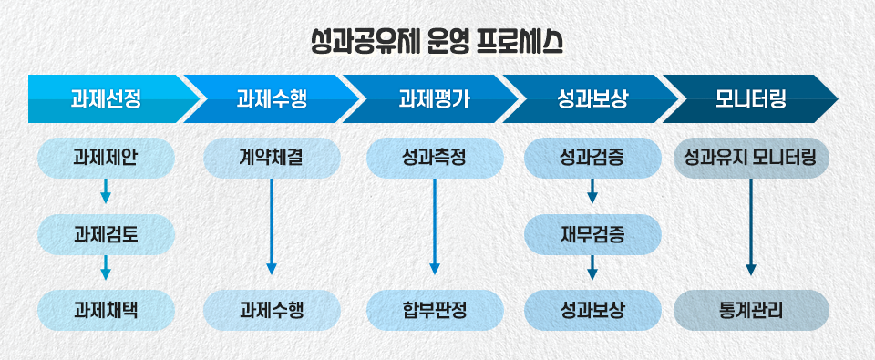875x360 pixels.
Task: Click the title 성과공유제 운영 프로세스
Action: coord(437,42)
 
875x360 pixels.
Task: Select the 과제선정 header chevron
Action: coord(106,98)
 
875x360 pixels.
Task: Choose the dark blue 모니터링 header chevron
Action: coord(751,98)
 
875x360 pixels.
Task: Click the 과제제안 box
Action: coord(106,158)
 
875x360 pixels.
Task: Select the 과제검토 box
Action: coord(106,234)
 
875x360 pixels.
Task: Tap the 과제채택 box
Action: coord(106,310)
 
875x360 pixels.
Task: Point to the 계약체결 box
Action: coord(271,158)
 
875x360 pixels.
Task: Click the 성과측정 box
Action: coord(434,158)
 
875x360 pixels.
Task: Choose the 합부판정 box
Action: coord(434,310)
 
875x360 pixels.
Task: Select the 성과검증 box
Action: coord(592,158)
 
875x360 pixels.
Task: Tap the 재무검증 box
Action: coord(592,234)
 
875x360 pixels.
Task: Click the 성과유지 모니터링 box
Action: coord(751,158)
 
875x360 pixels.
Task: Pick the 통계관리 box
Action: coord(751,310)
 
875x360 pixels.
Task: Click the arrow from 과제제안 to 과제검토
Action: coord(106,191)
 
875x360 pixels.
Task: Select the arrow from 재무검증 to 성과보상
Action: coord(592,268)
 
